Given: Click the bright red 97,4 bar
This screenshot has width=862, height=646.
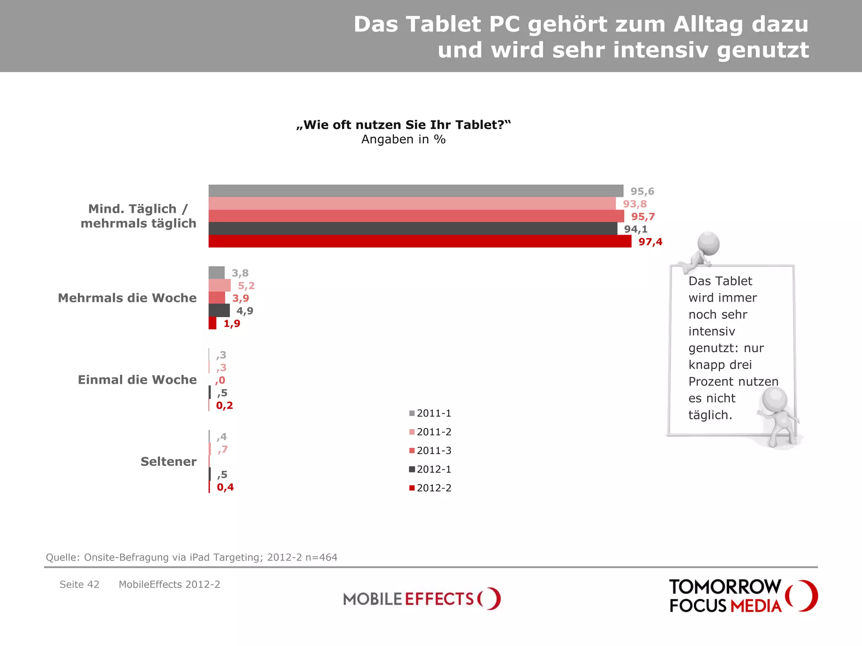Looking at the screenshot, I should click(x=420, y=241).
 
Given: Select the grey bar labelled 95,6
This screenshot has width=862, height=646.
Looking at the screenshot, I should click(x=416, y=191).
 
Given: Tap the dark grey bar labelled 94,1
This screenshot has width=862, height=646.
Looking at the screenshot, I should click(x=413, y=229).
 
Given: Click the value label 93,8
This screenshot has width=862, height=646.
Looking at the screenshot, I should click(x=635, y=204).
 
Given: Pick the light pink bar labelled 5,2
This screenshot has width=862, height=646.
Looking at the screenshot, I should click(x=219, y=286).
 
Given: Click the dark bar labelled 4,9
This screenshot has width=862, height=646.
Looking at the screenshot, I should click(x=219, y=311).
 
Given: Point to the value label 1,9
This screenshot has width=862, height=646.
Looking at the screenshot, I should click(x=232, y=323).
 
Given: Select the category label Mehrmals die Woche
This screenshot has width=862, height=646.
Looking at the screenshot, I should click(x=127, y=298).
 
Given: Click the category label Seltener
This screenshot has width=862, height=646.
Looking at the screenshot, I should click(x=168, y=461).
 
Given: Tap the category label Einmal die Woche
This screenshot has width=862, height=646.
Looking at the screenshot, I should click(x=137, y=380).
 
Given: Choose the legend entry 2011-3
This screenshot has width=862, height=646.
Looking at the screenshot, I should click(x=430, y=450).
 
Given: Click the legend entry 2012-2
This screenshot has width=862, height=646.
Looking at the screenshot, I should click(x=430, y=488).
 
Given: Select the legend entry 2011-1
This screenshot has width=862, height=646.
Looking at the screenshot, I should click(x=430, y=413).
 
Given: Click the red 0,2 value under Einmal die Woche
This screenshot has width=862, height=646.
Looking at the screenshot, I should click(x=224, y=405).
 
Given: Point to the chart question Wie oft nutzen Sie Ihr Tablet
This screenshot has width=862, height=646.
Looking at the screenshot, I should click(x=403, y=125).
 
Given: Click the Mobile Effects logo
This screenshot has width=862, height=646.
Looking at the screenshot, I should click(x=422, y=598).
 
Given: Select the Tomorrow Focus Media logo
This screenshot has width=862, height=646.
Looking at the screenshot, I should click(x=743, y=596).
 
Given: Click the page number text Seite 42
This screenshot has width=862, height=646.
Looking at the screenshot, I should click(x=79, y=585).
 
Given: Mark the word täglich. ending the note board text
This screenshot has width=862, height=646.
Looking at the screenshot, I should click(x=710, y=415).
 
